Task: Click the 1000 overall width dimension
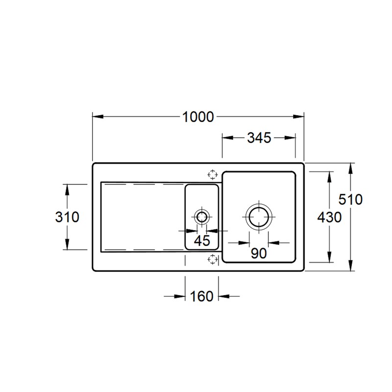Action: pos(198,117)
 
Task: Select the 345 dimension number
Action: pos(259,138)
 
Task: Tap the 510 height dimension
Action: pos(350,199)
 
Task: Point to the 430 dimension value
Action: pos(329,217)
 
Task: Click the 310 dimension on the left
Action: pos(67,217)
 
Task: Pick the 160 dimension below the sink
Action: pos(201,296)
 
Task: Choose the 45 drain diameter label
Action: pos(202,241)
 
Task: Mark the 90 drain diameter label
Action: pos(259,253)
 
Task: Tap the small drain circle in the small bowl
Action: pos(201,211)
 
